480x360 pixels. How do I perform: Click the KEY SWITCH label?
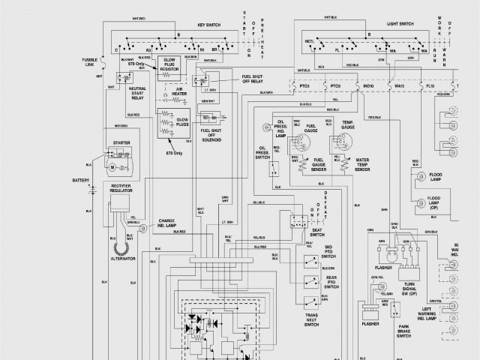(x=191, y=24)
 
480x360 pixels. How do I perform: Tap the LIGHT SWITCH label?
(x=400, y=24)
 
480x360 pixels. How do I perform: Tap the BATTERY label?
(x=80, y=180)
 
